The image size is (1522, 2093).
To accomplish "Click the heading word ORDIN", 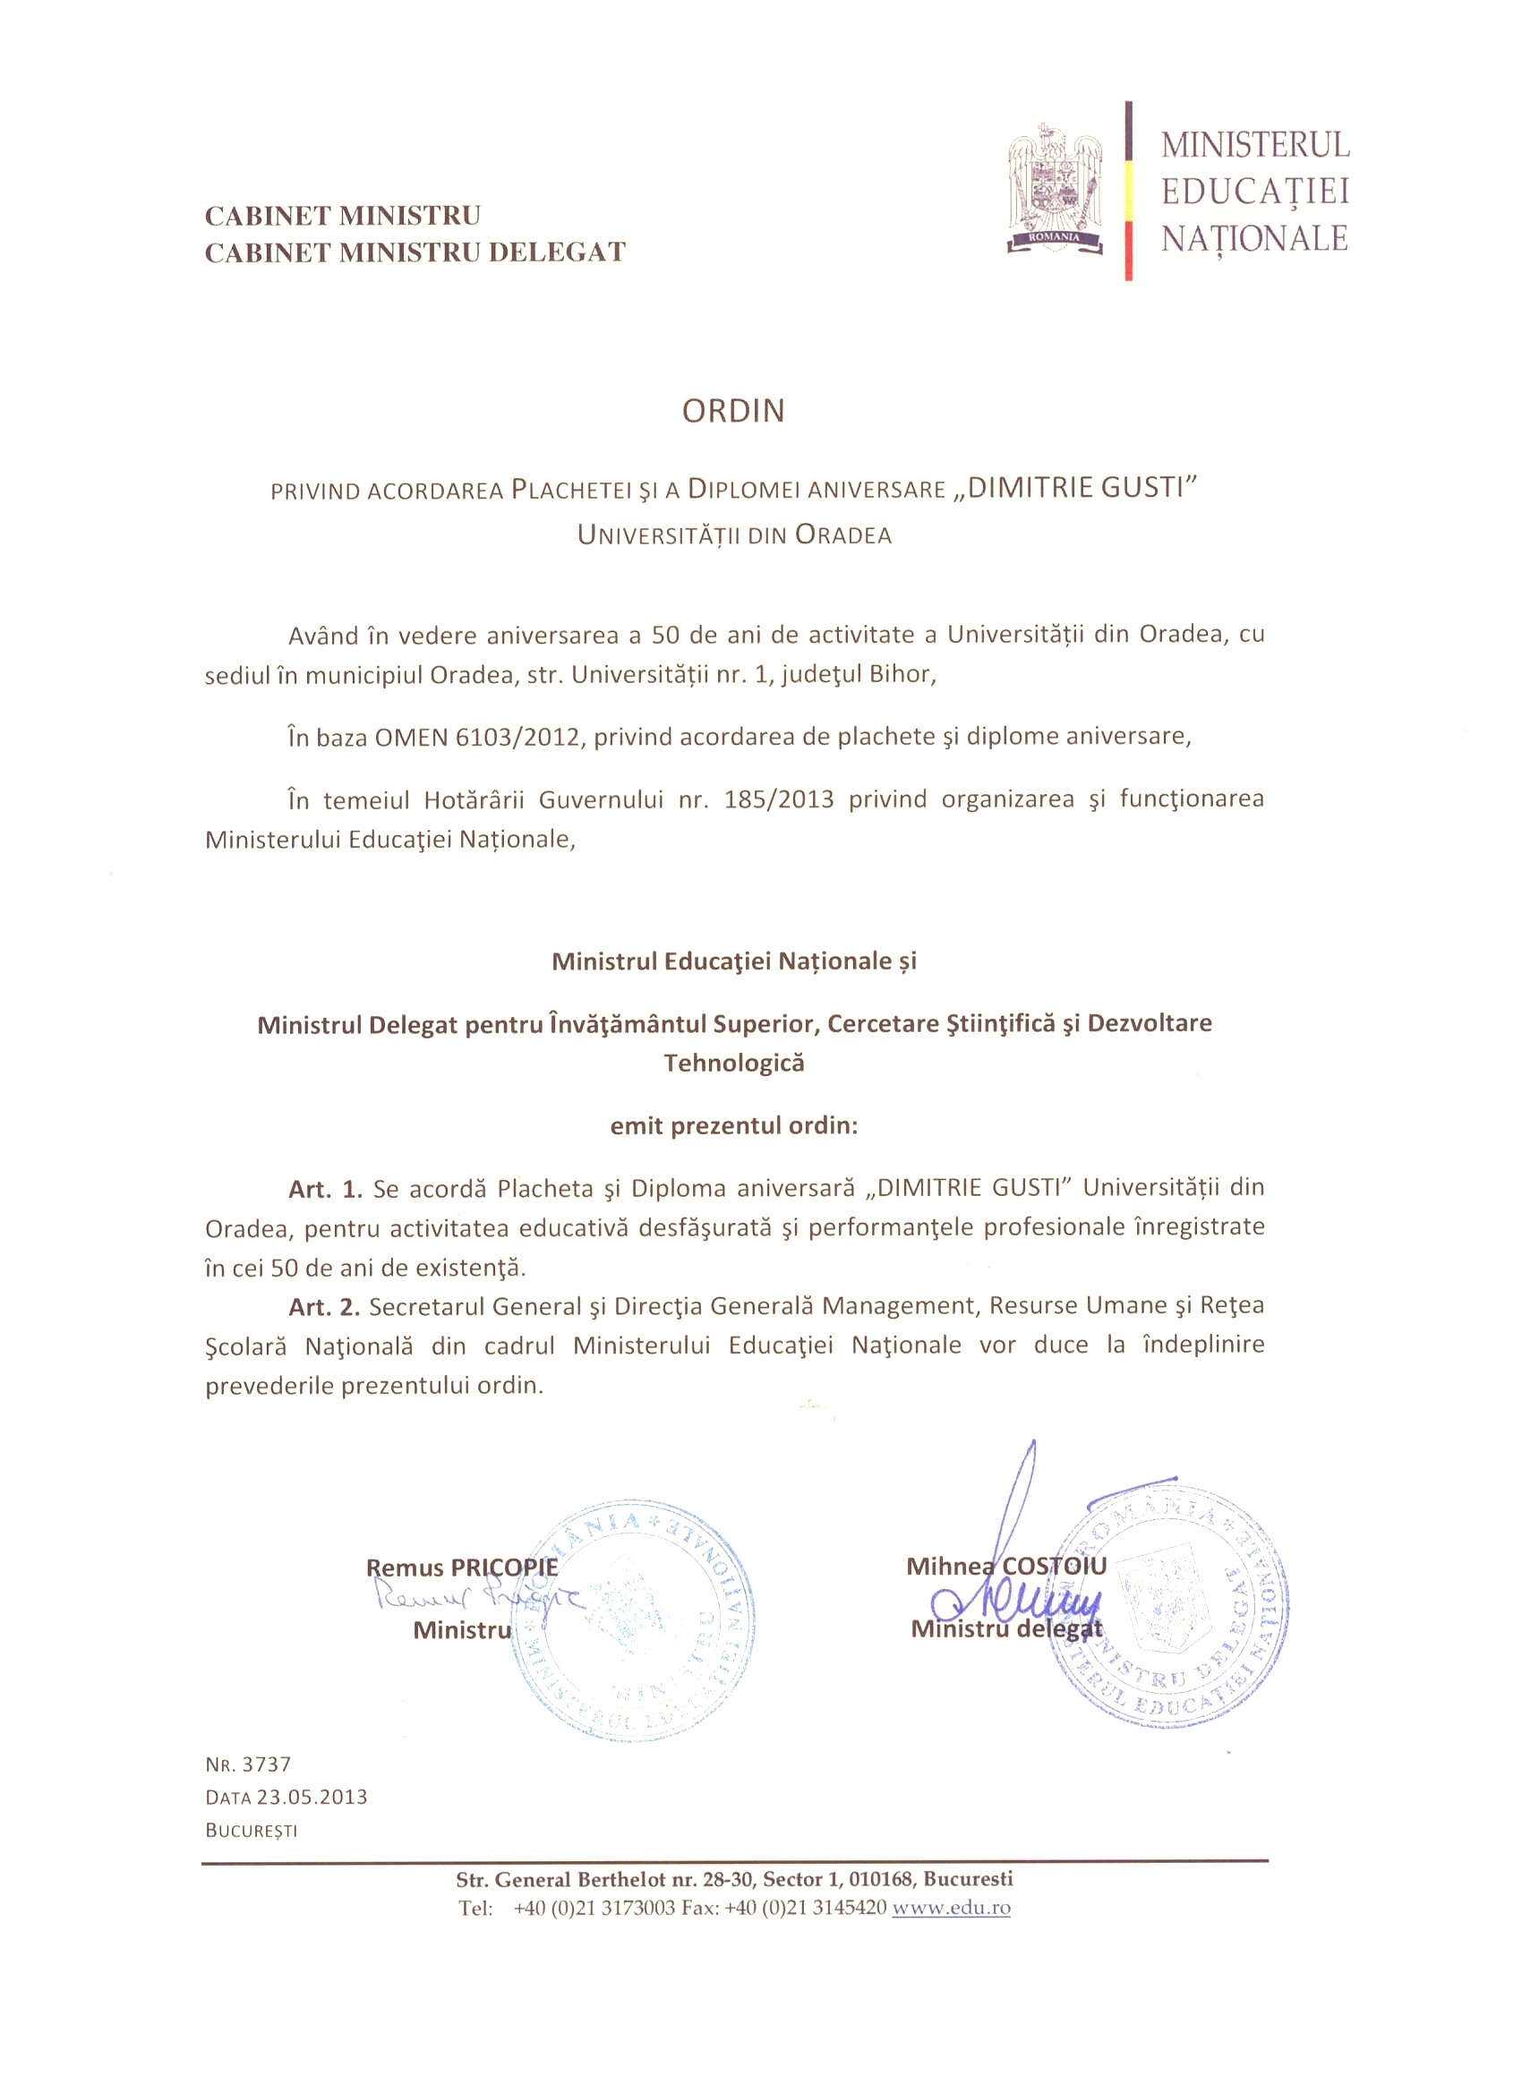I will (x=733, y=412).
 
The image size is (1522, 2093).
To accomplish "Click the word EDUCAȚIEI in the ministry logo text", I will (x=1254, y=192).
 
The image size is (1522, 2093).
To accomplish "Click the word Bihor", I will (x=902, y=675).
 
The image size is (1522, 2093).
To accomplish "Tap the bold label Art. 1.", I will (x=325, y=1189).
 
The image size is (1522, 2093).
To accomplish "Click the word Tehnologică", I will (x=734, y=1064).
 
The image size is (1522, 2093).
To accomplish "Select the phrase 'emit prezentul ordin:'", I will (x=734, y=1126).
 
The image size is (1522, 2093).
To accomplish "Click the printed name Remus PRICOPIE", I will (x=461, y=1568).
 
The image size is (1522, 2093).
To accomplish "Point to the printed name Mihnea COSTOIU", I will (x=1005, y=1566).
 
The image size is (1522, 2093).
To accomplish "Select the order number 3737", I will (x=267, y=1764).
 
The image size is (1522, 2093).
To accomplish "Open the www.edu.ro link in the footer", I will (x=951, y=1908).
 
